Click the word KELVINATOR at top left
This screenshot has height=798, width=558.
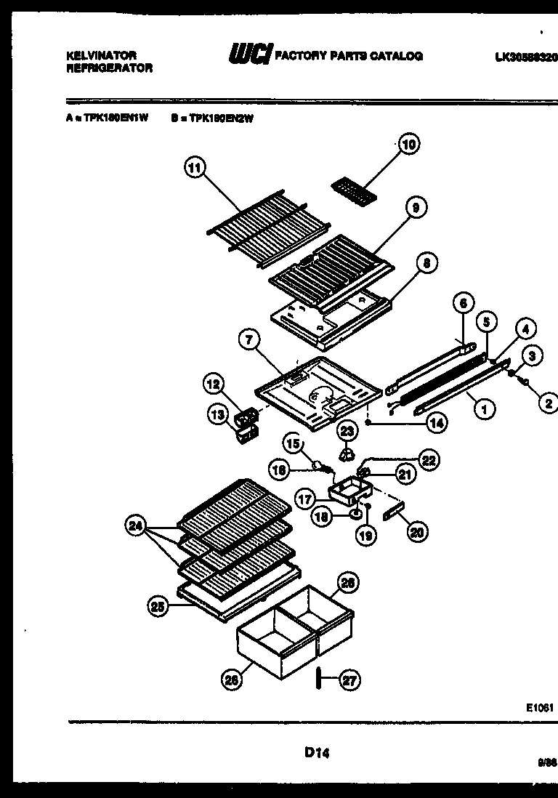98,55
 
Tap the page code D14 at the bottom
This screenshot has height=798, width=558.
318,754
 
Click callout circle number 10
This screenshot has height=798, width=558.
409,145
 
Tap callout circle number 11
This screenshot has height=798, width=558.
193,169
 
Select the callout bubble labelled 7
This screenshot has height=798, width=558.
249,339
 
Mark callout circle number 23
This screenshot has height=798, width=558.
348,432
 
